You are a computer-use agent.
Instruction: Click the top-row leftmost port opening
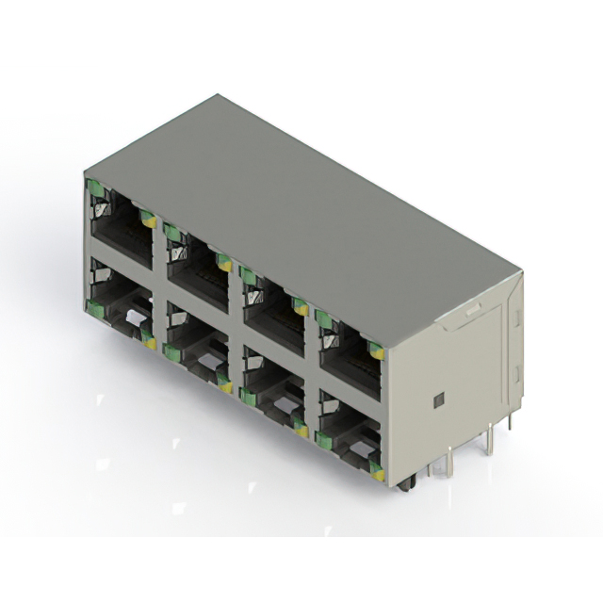[x=121, y=227]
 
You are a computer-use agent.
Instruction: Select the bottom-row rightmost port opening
[x=350, y=425]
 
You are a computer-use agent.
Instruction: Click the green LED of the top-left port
[x=95, y=187]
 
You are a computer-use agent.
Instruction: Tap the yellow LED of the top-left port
[x=147, y=219]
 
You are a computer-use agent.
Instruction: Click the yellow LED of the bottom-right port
[x=377, y=472]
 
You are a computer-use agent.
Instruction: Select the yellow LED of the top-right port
[x=377, y=352]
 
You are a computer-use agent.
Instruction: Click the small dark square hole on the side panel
[x=439, y=401]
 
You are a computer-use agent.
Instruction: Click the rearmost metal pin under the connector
[x=510, y=421]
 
